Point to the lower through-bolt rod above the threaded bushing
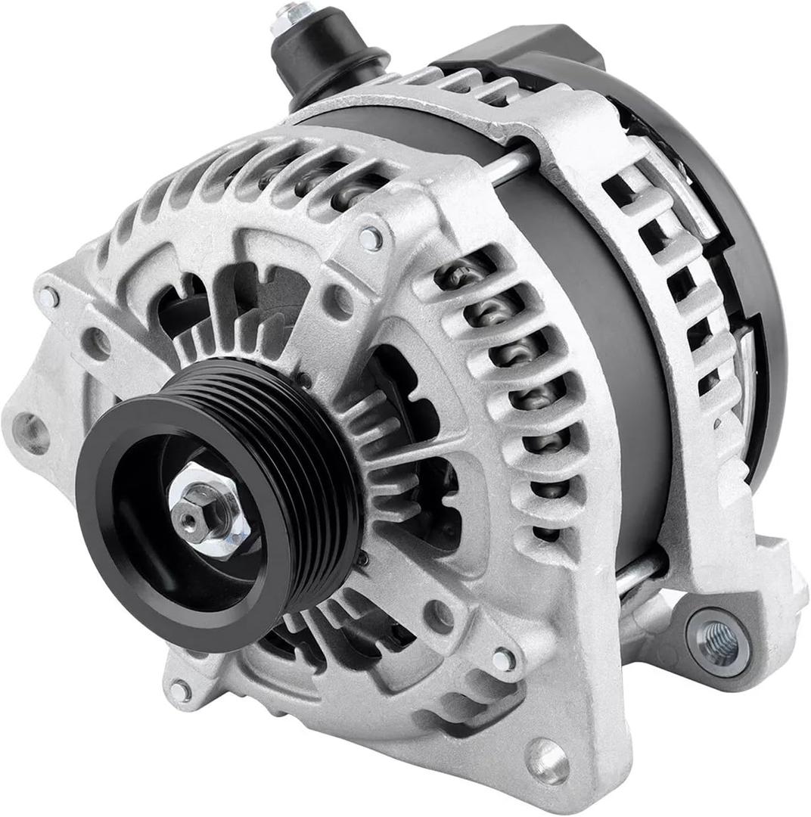click(x=639, y=576)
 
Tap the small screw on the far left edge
click(x=48, y=297)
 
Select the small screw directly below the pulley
click(x=180, y=689)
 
